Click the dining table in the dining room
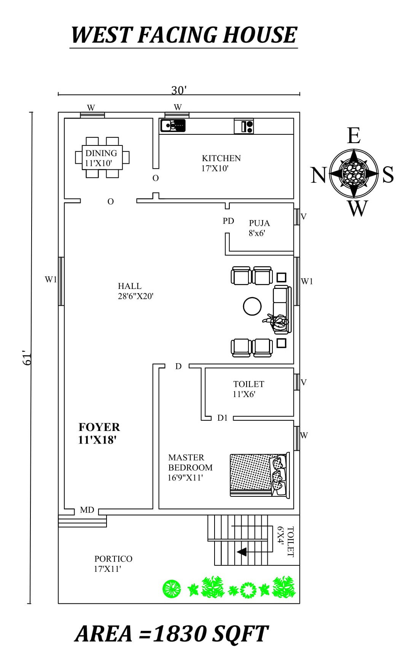pos(102,157)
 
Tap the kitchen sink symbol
pos(172,125)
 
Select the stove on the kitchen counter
pos(244,126)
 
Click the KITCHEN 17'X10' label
pos(221,163)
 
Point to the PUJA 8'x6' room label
pos(259,228)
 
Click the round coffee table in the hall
pos(252,306)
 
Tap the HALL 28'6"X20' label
pos(135,291)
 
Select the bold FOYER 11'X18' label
pos(99,433)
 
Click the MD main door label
pos(87,510)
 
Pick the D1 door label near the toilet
pos(222,418)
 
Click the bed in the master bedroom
pos(259,474)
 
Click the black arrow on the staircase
pos(242,551)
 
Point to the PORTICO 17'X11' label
pos(113,563)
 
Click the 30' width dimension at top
pos(179,90)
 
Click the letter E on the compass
pos(353,136)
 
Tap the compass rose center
pos(353,173)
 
